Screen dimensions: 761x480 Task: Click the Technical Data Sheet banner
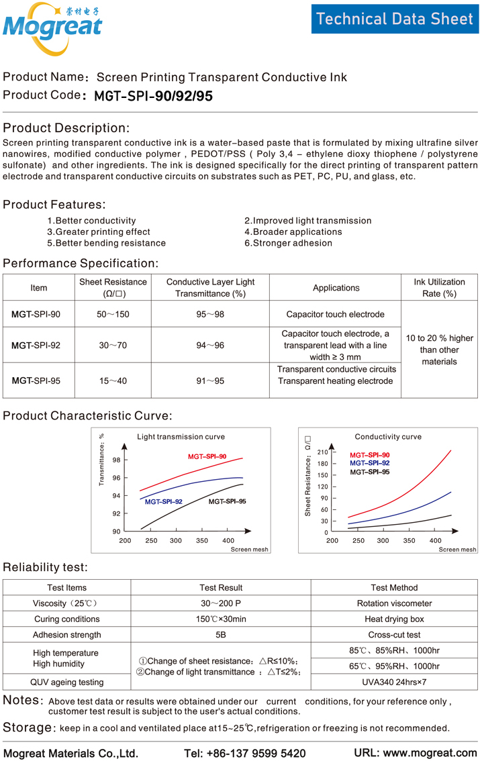(x=395, y=18)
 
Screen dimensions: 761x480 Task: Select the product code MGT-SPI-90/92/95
(x=153, y=96)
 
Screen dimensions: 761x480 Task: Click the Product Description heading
(x=66, y=128)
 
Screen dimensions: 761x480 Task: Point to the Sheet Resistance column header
(x=113, y=287)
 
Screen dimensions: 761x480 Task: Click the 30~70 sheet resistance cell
(x=113, y=345)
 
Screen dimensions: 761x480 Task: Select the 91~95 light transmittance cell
(x=210, y=380)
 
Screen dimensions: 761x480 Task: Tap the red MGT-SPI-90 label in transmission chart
(x=207, y=456)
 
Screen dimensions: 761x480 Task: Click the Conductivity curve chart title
(x=388, y=437)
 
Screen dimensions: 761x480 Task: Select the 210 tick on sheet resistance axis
(x=322, y=452)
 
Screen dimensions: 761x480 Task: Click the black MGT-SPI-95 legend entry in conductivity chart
(x=369, y=472)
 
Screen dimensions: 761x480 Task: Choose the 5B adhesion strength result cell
(x=221, y=635)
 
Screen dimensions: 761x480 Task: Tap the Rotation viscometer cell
(x=394, y=603)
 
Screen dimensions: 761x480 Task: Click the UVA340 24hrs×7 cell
(x=394, y=682)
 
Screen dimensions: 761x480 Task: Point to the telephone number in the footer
(x=244, y=753)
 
